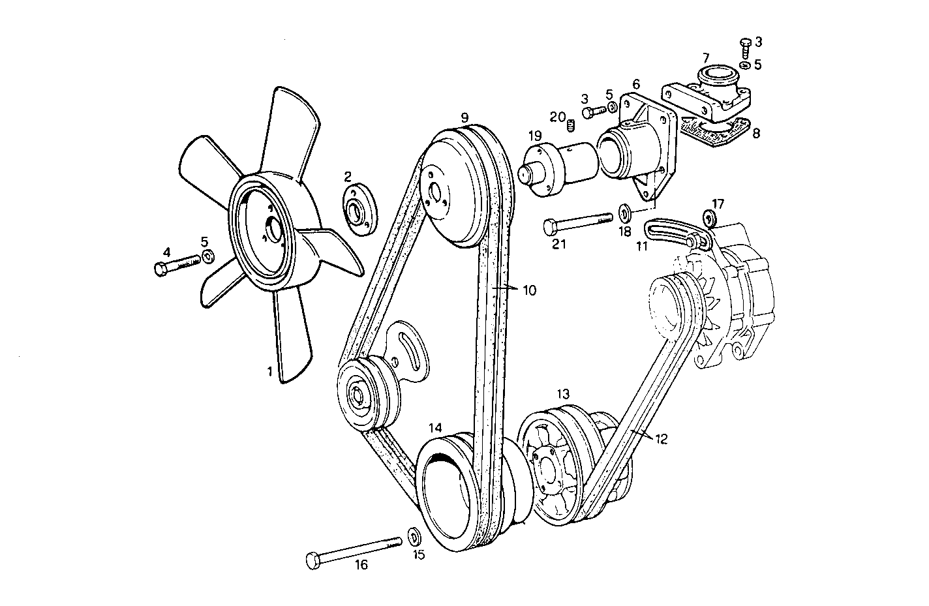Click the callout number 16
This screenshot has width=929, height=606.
[361, 565]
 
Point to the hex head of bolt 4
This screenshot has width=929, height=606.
[161, 269]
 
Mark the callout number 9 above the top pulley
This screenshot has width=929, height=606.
[464, 117]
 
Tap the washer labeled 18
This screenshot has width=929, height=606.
[624, 212]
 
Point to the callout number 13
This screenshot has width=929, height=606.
[563, 394]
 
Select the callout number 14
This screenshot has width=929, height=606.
[436, 427]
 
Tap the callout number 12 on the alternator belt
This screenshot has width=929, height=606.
[660, 439]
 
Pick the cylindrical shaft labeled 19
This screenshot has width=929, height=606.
[561, 169]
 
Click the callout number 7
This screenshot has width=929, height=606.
[706, 57]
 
